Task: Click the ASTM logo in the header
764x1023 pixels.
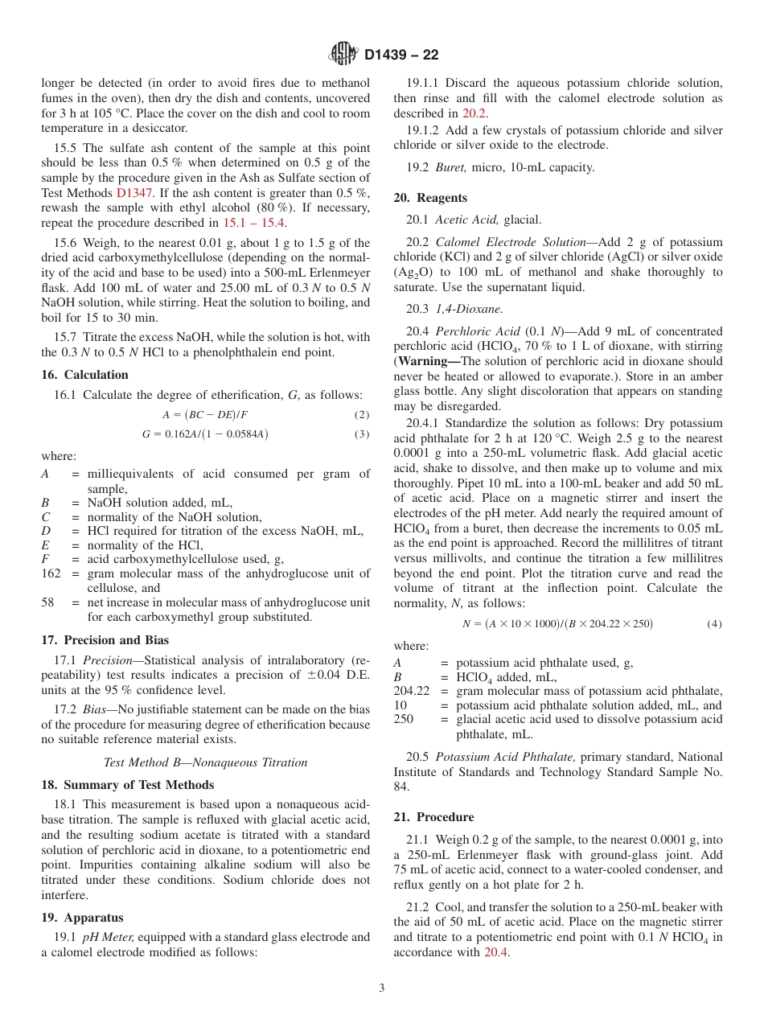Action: (x=343, y=54)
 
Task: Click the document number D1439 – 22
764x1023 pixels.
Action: (x=401, y=55)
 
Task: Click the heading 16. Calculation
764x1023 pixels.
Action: (x=84, y=375)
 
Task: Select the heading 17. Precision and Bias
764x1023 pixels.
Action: (x=105, y=641)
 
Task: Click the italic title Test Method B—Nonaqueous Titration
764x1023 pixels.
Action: (x=206, y=762)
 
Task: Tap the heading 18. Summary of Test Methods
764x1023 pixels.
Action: (x=127, y=785)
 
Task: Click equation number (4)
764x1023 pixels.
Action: (x=714, y=624)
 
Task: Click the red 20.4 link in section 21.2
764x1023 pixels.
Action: (x=496, y=952)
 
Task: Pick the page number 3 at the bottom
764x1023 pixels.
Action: (x=382, y=988)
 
